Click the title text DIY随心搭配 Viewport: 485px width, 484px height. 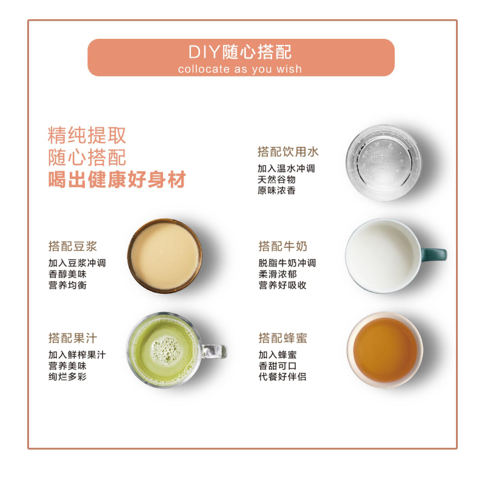pos(240,52)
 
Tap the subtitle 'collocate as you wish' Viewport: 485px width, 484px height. pos(239,69)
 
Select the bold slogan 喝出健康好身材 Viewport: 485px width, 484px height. pos(117,179)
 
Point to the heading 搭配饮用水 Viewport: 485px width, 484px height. pos(288,152)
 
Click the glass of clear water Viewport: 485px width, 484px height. pos(384,163)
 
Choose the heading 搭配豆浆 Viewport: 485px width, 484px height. pos(73,247)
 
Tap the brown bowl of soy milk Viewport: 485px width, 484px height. pos(165,256)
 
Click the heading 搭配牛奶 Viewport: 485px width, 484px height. pos(283,247)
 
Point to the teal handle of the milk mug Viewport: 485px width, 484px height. pos(433,254)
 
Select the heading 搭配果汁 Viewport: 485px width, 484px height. pos(73,338)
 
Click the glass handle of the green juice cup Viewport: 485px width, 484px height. pos(214,352)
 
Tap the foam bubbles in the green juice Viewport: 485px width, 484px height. pos(166,349)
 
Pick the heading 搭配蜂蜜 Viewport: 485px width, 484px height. pos(283,338)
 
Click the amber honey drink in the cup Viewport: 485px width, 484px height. pos(385,350)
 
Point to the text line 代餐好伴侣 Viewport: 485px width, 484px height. pos(283,377)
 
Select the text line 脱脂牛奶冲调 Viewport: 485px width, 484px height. pos(287,263)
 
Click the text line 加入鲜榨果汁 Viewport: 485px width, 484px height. pos(77,355)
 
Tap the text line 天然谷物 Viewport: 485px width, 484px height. pos(276,180)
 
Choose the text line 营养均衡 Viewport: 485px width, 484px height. pos(67,285)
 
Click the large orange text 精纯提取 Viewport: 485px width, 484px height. pos(87,135)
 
